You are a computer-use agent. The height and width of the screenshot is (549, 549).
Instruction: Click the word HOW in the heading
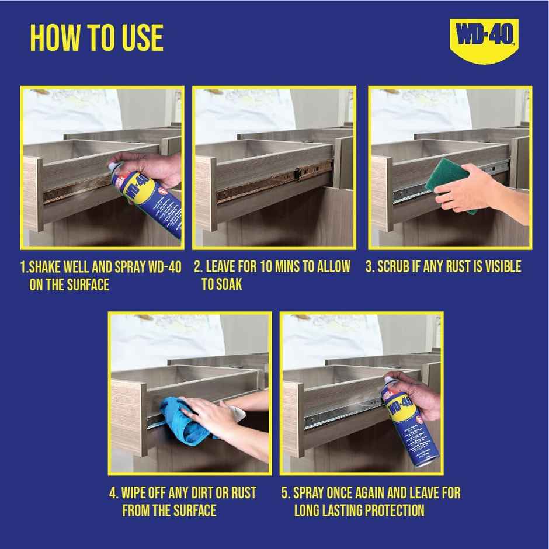tap(54, 38)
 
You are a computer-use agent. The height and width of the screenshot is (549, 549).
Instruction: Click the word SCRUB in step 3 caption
tap(397, 267)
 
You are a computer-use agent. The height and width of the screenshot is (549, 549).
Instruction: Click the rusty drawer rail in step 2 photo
tap(257, 185)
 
